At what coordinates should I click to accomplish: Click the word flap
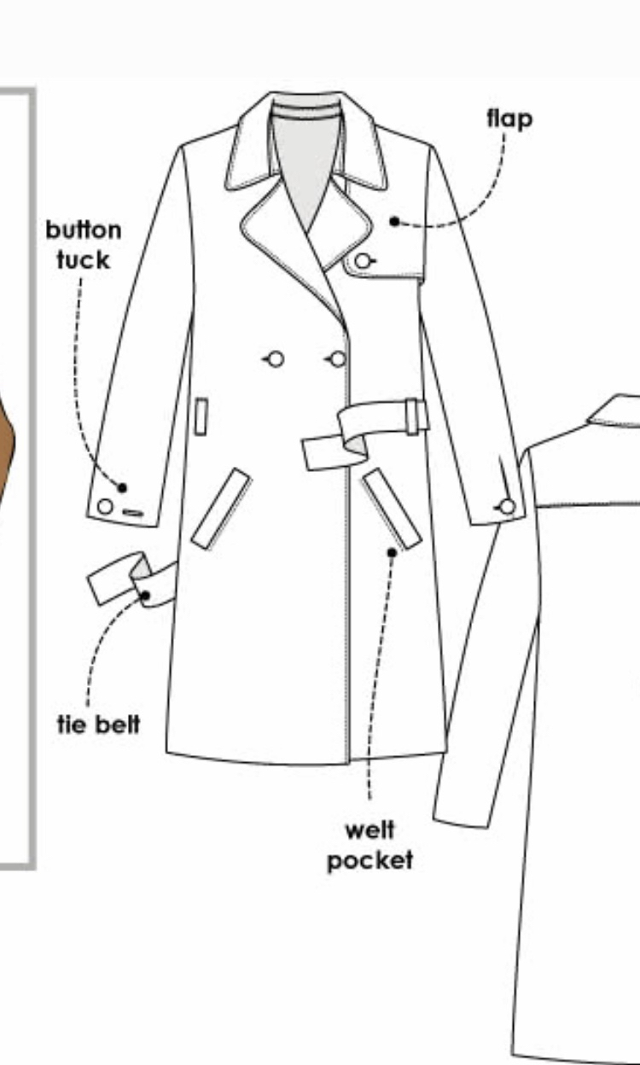[509, 119]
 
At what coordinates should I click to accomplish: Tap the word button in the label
[84, 230]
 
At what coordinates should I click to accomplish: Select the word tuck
[84, 260]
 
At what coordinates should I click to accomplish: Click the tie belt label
[98, 725]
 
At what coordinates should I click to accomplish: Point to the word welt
[370, 830]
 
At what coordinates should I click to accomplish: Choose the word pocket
[370, 861]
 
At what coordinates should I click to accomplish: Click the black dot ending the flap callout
[394, 221]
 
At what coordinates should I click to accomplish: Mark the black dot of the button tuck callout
[122, 488]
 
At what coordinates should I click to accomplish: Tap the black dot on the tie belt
[145, 596]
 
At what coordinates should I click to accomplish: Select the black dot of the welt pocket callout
[392, 552]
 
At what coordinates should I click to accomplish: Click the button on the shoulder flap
[363, 261]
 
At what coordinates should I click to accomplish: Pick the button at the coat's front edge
[338, 359]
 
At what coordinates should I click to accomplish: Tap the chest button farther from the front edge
[276, 359]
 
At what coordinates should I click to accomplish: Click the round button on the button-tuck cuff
[105, 507]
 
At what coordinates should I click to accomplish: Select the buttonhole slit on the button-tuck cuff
[133, 513]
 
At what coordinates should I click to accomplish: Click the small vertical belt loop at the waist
[201, 416]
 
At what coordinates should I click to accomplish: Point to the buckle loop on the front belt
[412, 417]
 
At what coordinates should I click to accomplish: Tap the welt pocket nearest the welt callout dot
[393, 509]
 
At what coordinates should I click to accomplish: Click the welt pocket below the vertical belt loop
[222, 509]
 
